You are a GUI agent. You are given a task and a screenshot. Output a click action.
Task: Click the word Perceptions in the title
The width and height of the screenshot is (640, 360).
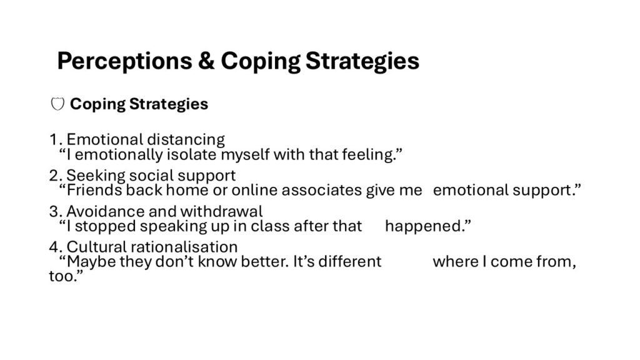pos(124,62)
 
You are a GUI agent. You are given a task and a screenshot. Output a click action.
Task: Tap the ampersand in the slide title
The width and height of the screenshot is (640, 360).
pos(206,61)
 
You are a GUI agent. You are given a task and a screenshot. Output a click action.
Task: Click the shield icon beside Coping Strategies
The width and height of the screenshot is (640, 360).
pos(57,104)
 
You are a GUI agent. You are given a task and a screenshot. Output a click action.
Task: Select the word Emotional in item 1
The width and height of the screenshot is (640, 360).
pos(105,139)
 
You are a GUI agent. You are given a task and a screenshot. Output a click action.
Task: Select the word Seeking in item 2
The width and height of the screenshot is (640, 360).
pos(96,176)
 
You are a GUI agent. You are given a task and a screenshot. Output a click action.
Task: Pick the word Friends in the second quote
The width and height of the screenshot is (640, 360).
pos(94,190)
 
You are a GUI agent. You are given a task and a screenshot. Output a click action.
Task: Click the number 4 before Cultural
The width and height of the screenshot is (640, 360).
pos(54,247)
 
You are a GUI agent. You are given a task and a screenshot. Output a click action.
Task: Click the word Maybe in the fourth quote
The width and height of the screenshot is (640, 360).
pos(91,262)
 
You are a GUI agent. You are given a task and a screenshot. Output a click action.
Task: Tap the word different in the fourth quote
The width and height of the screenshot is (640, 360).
pos(350,262)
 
